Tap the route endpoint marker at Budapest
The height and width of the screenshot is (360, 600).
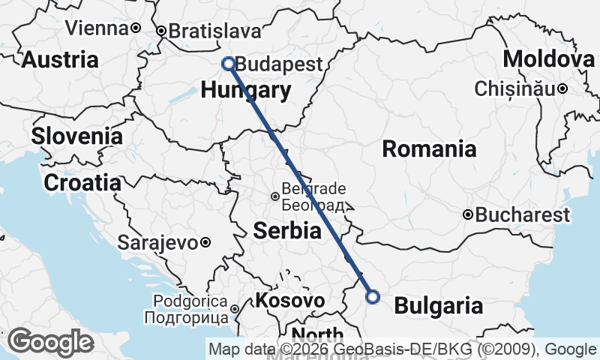tap(228, 64)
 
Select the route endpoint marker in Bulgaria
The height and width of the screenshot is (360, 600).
tap(373, 297)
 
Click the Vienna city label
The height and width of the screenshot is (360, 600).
tap(97, 28)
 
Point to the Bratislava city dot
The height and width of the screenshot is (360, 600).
tap(160, 31)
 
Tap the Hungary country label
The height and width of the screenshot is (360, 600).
tap(246, 91)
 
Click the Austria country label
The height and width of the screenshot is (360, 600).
tap(60, 60)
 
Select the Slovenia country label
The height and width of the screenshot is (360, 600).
tap(76, 136)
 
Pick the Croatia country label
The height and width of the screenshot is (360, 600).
tap(82, 182)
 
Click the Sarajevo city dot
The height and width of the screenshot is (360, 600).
tap(205, 242)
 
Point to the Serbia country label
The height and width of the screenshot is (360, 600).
tap(287, 231)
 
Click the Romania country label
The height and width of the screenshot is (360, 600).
tap(429, 148)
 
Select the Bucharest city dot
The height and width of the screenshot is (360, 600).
tap(468, 214)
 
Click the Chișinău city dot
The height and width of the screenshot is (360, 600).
tap(562, 89)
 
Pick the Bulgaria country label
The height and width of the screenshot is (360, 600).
tap(438, 305)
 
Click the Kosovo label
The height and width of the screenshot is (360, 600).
tap(290, 301)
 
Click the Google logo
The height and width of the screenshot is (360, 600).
tap(50, 342)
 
